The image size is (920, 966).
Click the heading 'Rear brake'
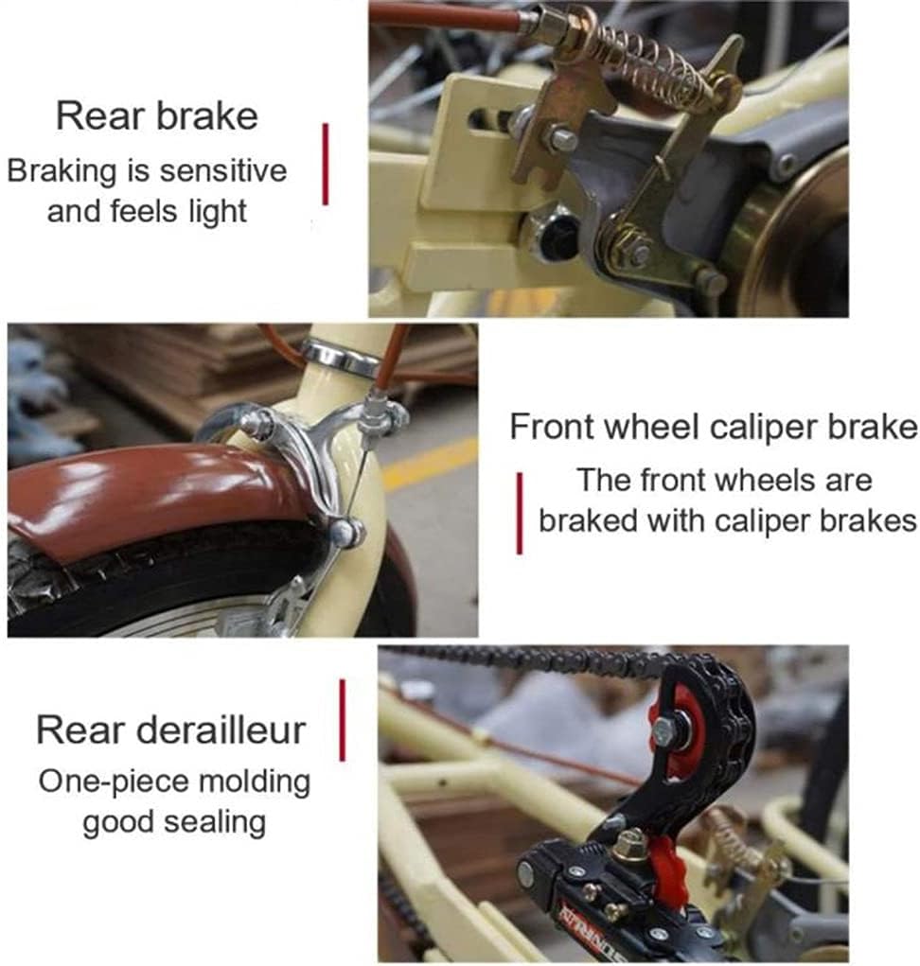pyautogui.click(x=156, y=116)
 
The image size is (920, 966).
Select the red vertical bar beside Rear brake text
pyautogui.click(x=326, y=164)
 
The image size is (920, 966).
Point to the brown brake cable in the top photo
pyautogui.click(x=445, y=15)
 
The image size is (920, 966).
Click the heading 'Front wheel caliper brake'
pyautogui.click(x=714, y=427)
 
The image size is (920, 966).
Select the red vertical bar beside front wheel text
pyautogui.click(x=519, y=513)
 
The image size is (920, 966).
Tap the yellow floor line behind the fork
pyautogui.click(x=431, y=464)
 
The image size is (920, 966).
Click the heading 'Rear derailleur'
pyautogui.click(x=171, y=730)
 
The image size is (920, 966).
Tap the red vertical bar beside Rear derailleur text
pyautogui.click(x=342, y=720)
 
